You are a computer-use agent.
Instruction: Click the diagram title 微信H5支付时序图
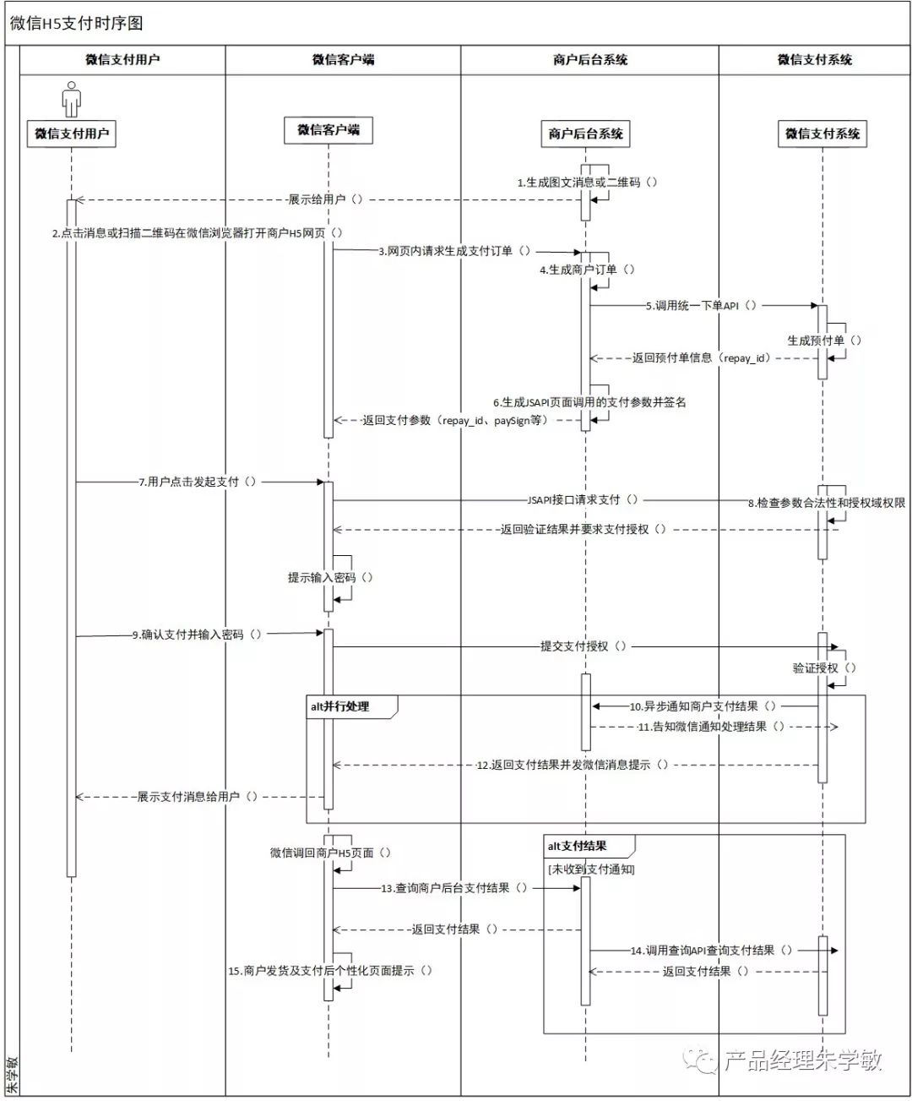(x=77, y=23)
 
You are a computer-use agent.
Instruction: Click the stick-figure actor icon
(x=72, y=99)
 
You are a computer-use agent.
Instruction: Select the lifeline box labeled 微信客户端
(x=328, y=129)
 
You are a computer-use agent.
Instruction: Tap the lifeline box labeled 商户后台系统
(x=585, y=134)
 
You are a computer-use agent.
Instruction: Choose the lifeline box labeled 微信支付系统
(x=822, y=134)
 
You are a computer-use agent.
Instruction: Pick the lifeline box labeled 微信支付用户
(x=72, y=134)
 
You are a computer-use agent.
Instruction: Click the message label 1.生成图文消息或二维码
(x=588, y=182)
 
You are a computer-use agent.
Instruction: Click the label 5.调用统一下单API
(x=701, y=306)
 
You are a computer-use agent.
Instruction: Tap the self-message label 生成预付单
(x=824, y=341)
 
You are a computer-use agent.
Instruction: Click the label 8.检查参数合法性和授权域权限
(x=826, y=503)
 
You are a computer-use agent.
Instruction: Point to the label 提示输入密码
(x=329, y=578)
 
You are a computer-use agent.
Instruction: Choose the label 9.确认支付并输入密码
(x=196, y=635)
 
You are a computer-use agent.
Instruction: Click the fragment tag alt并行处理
(x=340, y=706)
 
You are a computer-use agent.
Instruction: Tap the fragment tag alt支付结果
(x=578, y=846)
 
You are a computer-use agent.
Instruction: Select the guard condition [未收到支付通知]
(x=591, y=869)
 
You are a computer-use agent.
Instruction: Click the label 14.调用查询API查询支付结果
(x=711, y=951)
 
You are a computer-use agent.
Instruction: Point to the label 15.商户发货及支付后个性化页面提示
(x=330, y=971)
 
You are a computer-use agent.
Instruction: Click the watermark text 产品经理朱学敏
(x=802, y=1060)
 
